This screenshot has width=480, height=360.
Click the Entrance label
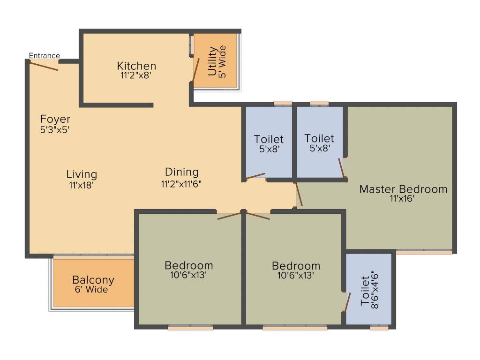click(45, 56)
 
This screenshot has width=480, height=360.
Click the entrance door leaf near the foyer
click(44, 66)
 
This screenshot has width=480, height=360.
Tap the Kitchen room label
click(136, 66)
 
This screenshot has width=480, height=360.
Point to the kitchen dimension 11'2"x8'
click(136, 75)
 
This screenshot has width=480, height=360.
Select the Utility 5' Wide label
click(217, 61)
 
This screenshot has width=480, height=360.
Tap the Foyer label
click(55, 119)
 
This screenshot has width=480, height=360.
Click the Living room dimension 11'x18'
click(82, 185)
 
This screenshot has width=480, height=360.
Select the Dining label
click(181, 172)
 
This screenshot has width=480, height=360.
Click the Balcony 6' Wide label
click(93, 285)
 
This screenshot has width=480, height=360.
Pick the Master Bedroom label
click(403, 189)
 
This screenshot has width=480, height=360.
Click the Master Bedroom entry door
click(299, 195)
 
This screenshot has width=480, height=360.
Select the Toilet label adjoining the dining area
click(269, 139)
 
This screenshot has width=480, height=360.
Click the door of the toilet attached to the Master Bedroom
click(342, 168)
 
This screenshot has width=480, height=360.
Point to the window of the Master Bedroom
click(424, 252)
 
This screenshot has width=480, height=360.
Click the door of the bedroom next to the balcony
click(229, 216)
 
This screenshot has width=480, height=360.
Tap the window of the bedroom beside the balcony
click(190, 328)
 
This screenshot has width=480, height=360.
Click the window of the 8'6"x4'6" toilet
click(379, 328)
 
